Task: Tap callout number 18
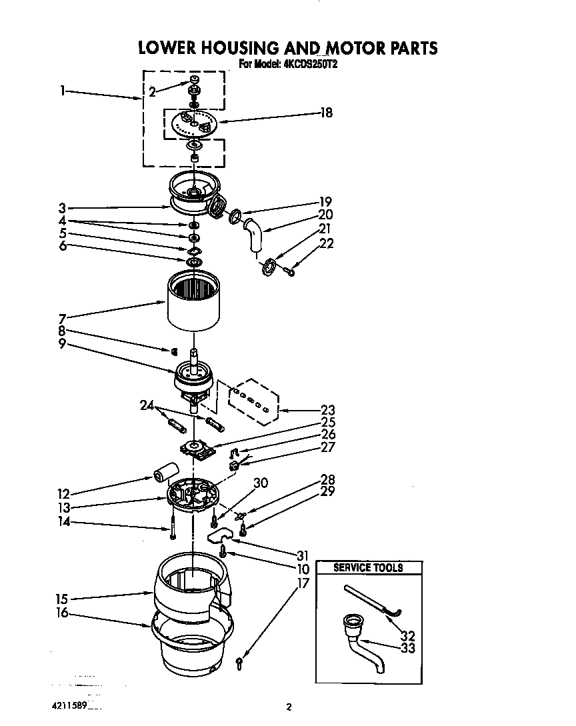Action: pyautogui.click(x=325, y=113)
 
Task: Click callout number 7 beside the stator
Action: pyautogui.click(x=62, y=318)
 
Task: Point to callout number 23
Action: pyautogui.click(x=327, y=411)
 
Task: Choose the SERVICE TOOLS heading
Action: pyautogui.click(x=368, y=568)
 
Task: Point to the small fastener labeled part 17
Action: pyautogui.click(x=239, y=659)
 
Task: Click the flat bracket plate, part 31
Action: pyautogui.click(x=220, y=536)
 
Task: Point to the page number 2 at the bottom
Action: pyautogui.click(x=289, y=707)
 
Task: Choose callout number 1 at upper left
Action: pyautogui.click(x=61, y=91)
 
